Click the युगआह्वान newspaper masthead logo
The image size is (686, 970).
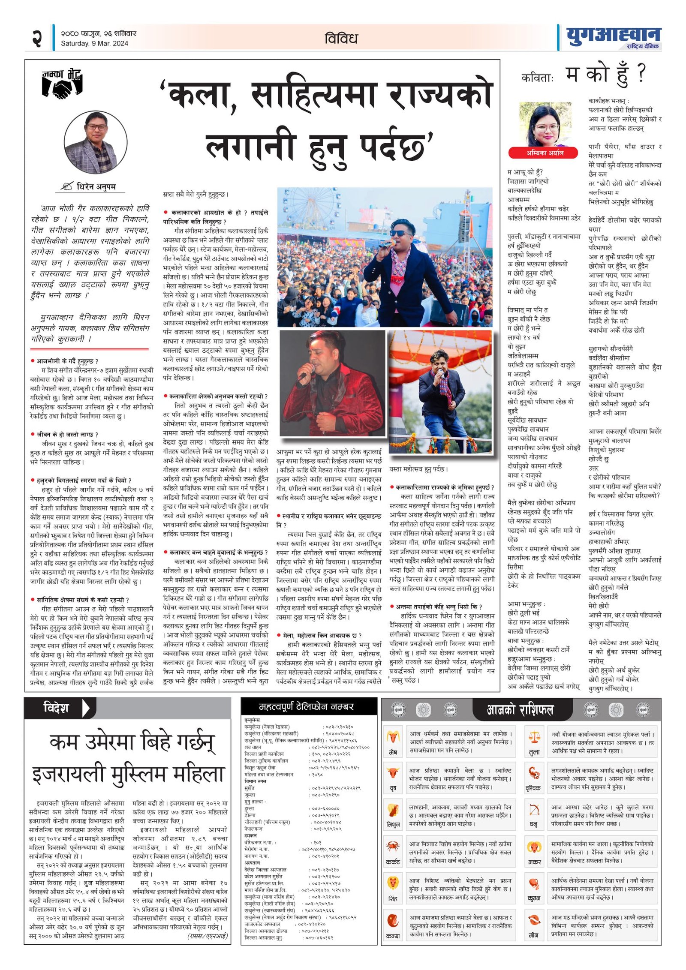(x=613, y=37)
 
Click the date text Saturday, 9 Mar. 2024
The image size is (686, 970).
(x=94, y=43)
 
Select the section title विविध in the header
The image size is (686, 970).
(x=341, y=39)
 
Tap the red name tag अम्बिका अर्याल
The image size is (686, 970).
(x=544, y=153)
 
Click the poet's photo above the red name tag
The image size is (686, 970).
(x=545, y=124)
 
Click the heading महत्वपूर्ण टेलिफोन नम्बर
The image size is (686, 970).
(x=306, y=706)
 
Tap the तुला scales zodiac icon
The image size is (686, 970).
(x=534, y=737)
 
